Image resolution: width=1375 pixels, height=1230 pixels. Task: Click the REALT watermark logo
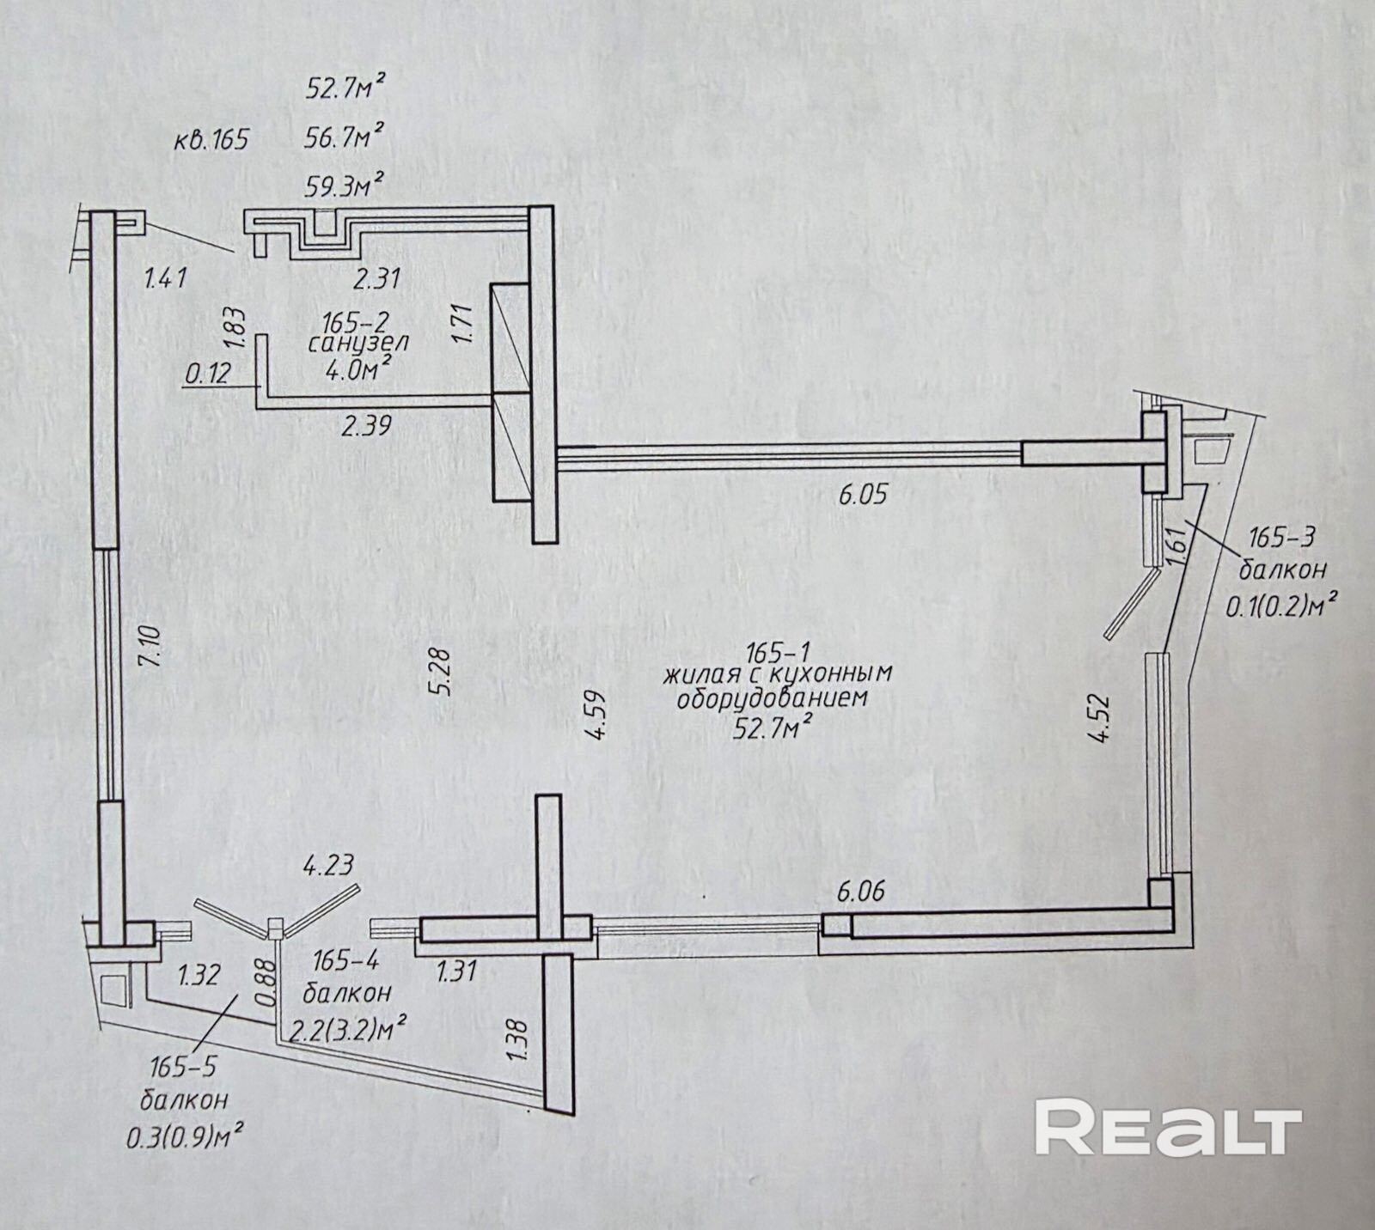point(1169,1128)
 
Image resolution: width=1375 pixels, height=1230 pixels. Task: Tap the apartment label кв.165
point(211,138)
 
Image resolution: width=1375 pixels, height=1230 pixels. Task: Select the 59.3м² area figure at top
point(344,186)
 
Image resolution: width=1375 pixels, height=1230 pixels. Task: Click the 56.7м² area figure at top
point(344,136)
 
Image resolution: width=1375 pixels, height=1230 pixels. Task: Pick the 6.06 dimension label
point(860,892)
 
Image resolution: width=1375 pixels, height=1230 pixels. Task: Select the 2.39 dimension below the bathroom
point(366,424)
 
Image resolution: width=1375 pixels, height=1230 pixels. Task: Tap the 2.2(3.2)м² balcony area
point(348,1029)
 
